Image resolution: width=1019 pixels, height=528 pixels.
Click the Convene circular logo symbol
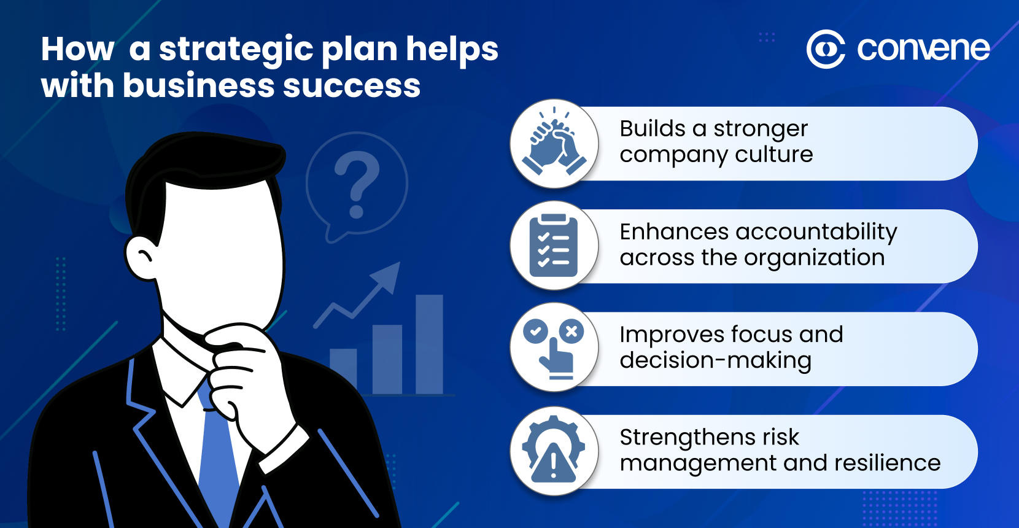[x=826, y=49]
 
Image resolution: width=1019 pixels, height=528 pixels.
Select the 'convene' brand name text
[x=923, y=49]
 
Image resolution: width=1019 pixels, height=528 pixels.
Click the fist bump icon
[x=554, y=144]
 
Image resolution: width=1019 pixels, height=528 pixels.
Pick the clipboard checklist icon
[x=554, y=246]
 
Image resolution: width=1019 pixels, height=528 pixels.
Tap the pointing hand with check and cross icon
[x=554, y=348]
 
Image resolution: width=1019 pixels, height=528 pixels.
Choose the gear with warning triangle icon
[x=554, y=451]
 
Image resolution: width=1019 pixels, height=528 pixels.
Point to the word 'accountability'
[x=816, y=231]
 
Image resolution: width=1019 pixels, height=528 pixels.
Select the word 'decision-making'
[x=715, y=360]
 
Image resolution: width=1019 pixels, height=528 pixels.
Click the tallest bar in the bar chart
[x=429, y=344]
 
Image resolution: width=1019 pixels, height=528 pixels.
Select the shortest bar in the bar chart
[x=343, y=371]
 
